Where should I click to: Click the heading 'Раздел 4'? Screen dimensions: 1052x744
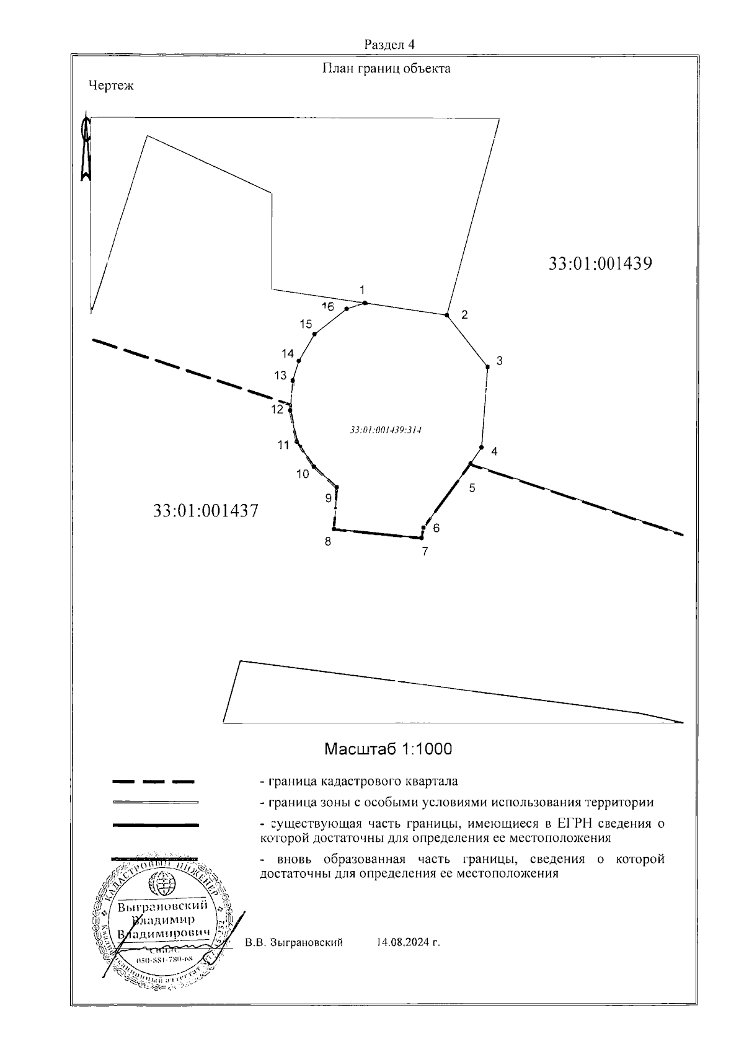click(389, 45)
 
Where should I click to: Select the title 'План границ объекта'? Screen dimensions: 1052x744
click(386, 69)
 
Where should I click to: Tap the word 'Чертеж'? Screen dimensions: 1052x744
click(111, 86)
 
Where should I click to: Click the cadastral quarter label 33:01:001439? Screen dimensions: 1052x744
click(600, 263)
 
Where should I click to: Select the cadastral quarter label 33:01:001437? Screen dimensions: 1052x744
click(205, 511)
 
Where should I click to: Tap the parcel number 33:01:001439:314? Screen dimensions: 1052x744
click(386, 430)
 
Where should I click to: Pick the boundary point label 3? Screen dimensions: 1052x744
click(499, 361)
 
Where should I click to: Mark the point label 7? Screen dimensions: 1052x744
click(425, 551)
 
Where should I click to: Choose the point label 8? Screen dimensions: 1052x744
click(327, 542)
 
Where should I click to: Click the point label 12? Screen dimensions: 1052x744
click(277, 409)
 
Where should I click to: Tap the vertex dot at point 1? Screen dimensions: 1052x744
click(365, 303)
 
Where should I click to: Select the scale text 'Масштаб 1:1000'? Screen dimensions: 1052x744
click(388, 749)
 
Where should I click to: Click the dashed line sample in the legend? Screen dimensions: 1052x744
click(154, 781)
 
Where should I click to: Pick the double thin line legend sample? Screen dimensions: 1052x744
click(155, 803)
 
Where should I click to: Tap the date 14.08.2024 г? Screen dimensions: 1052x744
click(408, 943)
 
